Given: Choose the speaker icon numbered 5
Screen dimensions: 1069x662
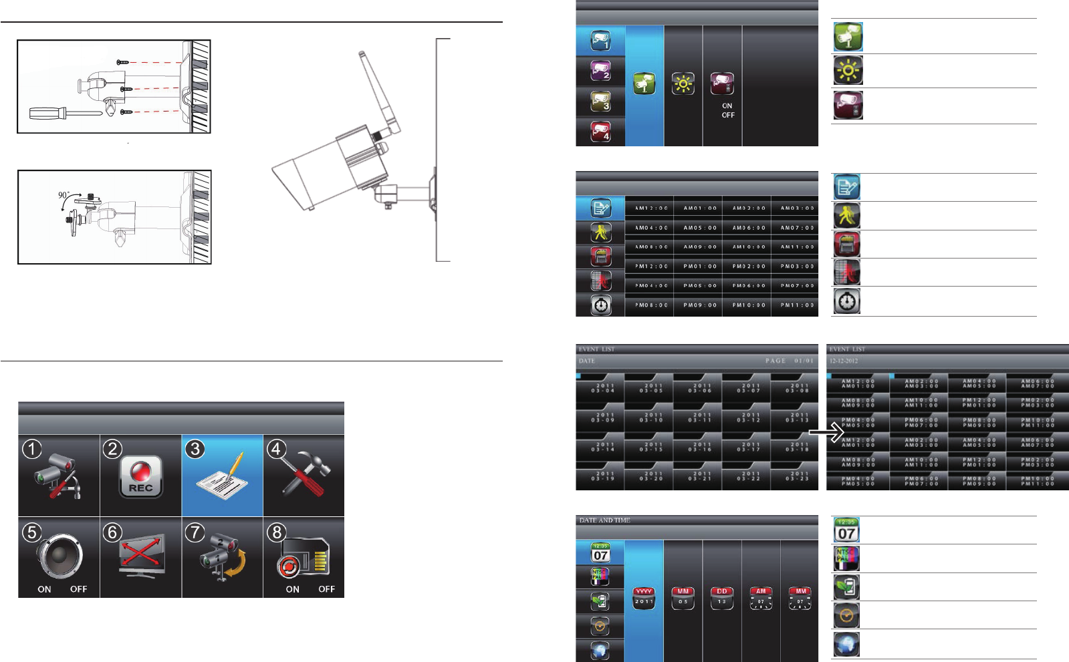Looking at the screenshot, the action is coord(60,556).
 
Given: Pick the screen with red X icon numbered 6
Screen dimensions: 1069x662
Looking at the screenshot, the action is coord(141,556).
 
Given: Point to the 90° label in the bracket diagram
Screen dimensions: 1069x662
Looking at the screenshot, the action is coord(64,195).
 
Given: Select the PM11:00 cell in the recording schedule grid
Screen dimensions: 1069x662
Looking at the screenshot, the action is coord(797,305).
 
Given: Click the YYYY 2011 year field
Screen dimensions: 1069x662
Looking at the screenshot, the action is coord(644,597).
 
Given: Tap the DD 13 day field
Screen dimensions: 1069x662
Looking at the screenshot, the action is coord(722,597).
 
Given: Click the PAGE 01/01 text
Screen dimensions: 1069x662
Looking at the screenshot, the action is coord(790,361).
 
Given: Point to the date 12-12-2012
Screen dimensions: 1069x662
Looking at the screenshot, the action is coord(844,361).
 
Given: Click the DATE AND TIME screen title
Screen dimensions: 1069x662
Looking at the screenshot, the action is coord(604,520).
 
